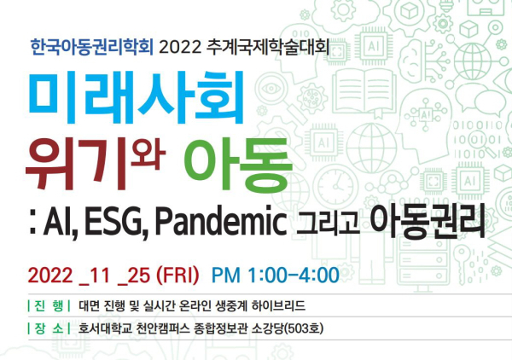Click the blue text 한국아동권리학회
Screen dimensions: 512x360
[x=92, y=47]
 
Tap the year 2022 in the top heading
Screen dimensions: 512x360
[x=180, y=48]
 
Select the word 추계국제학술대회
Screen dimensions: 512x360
[x=268, y=47]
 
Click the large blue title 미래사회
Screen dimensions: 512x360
[x=137, y=97]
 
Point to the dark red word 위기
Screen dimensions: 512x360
[x=76, y=163]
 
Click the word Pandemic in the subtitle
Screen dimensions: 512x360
[x=220, y=220]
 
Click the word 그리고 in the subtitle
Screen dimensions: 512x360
[x=328, y=223]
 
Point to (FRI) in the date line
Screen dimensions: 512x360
[x=177, y=276]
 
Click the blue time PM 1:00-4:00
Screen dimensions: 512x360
[x=276, y=276]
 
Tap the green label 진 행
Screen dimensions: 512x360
[x=49, y=305]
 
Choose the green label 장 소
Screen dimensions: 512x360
[x=49, y=328]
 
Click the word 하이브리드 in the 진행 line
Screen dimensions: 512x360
[x=278, y=305]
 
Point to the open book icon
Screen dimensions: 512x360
[x=364, y=94]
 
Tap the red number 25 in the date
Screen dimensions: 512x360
[x=134, y=276]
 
